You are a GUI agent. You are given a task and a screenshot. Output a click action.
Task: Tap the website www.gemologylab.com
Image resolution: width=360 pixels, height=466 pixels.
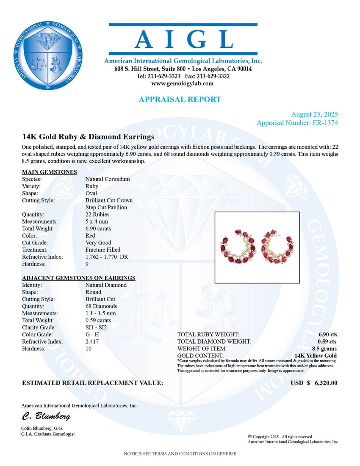(183, 83)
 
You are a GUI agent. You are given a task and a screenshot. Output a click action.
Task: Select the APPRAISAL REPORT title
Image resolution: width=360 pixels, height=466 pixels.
(180, 100)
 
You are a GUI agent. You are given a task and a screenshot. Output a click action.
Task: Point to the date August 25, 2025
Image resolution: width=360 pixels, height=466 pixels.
(314, 115)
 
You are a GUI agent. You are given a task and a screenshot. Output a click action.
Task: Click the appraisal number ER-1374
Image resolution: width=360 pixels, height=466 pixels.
(324, 123)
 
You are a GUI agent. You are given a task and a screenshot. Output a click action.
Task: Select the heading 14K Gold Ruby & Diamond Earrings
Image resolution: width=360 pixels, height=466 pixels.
(88, 137)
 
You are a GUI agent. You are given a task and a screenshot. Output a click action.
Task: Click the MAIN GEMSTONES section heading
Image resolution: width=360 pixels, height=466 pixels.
(50, 172)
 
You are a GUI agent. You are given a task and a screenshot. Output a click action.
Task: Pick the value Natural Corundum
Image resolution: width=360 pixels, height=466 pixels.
(108, 179)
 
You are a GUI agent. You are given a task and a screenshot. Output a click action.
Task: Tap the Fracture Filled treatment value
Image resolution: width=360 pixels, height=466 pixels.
(102, 250)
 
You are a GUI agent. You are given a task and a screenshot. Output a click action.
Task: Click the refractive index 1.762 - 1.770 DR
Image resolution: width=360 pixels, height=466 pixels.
(107, 257)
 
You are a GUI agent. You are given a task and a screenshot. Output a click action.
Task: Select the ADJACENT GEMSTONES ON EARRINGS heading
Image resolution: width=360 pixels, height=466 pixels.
(79, 278)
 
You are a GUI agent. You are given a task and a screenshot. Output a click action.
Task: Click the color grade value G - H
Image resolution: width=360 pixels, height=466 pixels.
(93, 335)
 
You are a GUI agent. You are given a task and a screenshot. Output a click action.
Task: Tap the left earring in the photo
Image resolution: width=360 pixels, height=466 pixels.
(238, 247)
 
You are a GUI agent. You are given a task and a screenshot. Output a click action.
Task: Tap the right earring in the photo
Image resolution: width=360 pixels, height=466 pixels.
(277, 246)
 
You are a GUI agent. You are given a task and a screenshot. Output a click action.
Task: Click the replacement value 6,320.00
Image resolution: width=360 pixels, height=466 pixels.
(326, 383)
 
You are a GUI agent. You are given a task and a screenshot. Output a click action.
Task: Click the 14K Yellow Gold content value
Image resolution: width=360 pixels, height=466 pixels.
(316, 355)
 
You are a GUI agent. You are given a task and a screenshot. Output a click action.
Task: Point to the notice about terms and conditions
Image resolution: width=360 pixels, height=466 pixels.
(180, 454)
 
